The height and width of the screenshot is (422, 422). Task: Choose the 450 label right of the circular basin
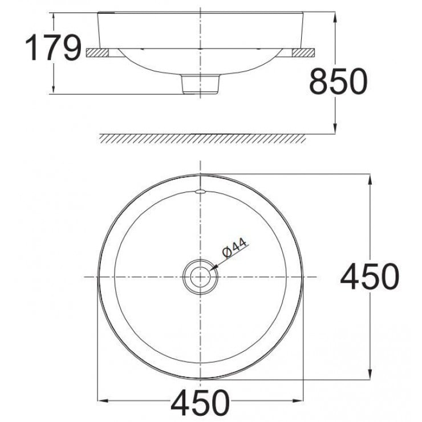click(369, 277)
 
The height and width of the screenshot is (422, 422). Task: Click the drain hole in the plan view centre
click(200, 277)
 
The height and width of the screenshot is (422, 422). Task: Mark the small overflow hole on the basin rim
click(200, 191)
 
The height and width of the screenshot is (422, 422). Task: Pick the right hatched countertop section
click(302, 52)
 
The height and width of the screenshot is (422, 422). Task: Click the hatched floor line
click(202, 139)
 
